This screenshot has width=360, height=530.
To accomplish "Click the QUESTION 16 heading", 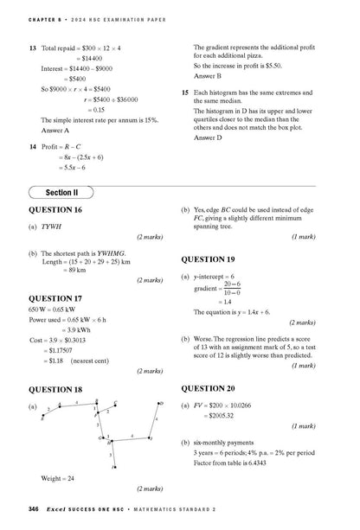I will point(55,210).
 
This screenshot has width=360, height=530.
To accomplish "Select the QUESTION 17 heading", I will point(55,299).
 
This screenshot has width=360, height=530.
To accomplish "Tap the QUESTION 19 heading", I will point(208,259).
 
